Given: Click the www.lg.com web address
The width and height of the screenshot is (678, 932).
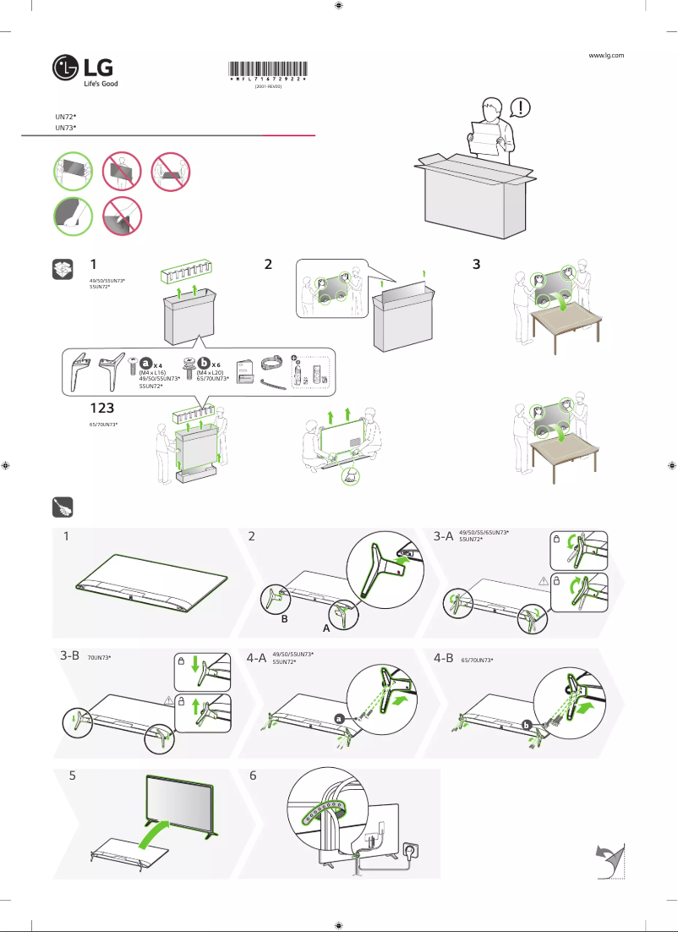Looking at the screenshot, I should pos(606,55).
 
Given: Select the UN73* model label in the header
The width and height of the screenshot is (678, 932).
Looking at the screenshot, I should pos(66,127).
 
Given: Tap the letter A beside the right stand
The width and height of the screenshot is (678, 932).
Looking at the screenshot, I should pos(325,629).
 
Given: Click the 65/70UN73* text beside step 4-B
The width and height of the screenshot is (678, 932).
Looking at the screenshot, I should pos(477,659).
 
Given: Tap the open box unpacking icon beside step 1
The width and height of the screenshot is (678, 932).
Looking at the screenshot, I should pos(61,269).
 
